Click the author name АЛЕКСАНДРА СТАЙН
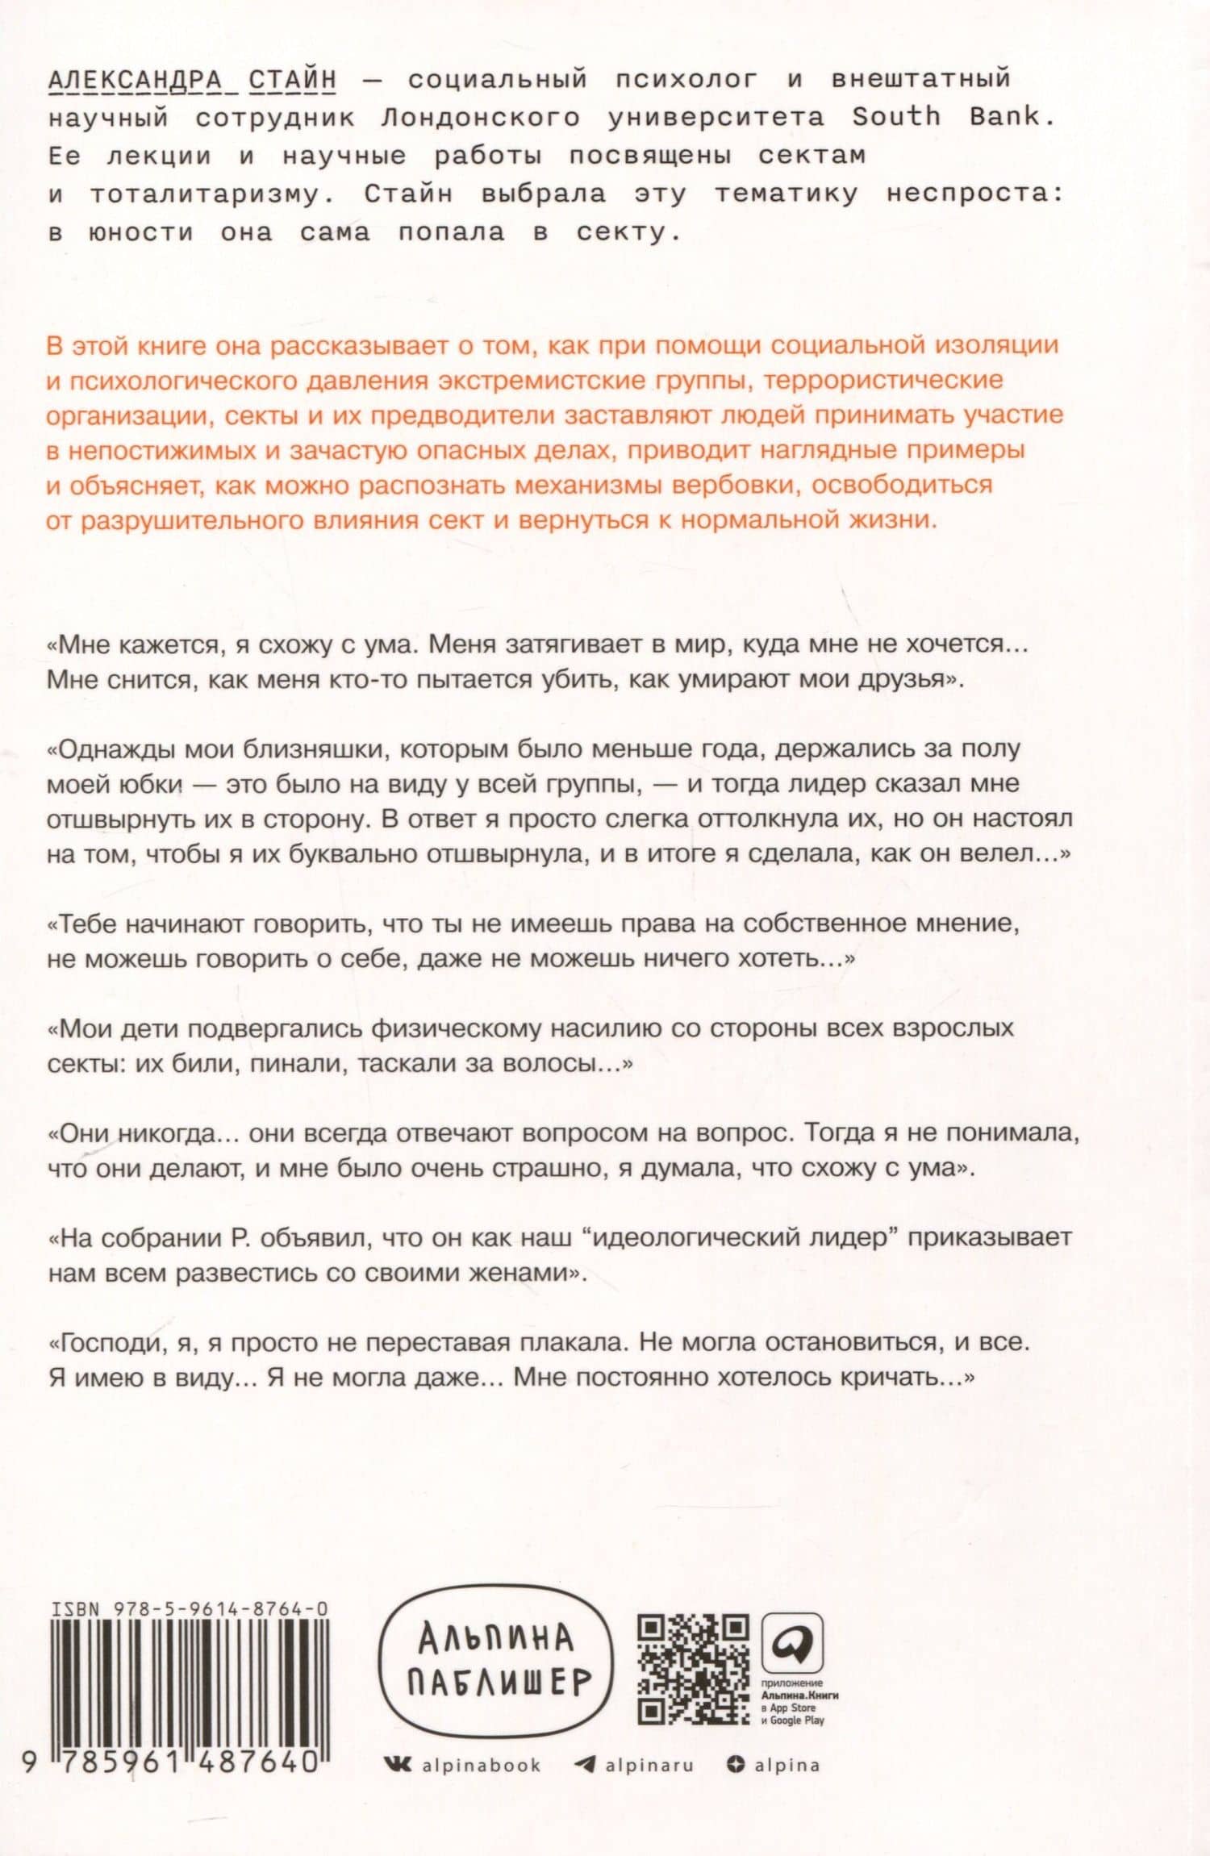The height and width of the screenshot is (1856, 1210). (192, 79)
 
